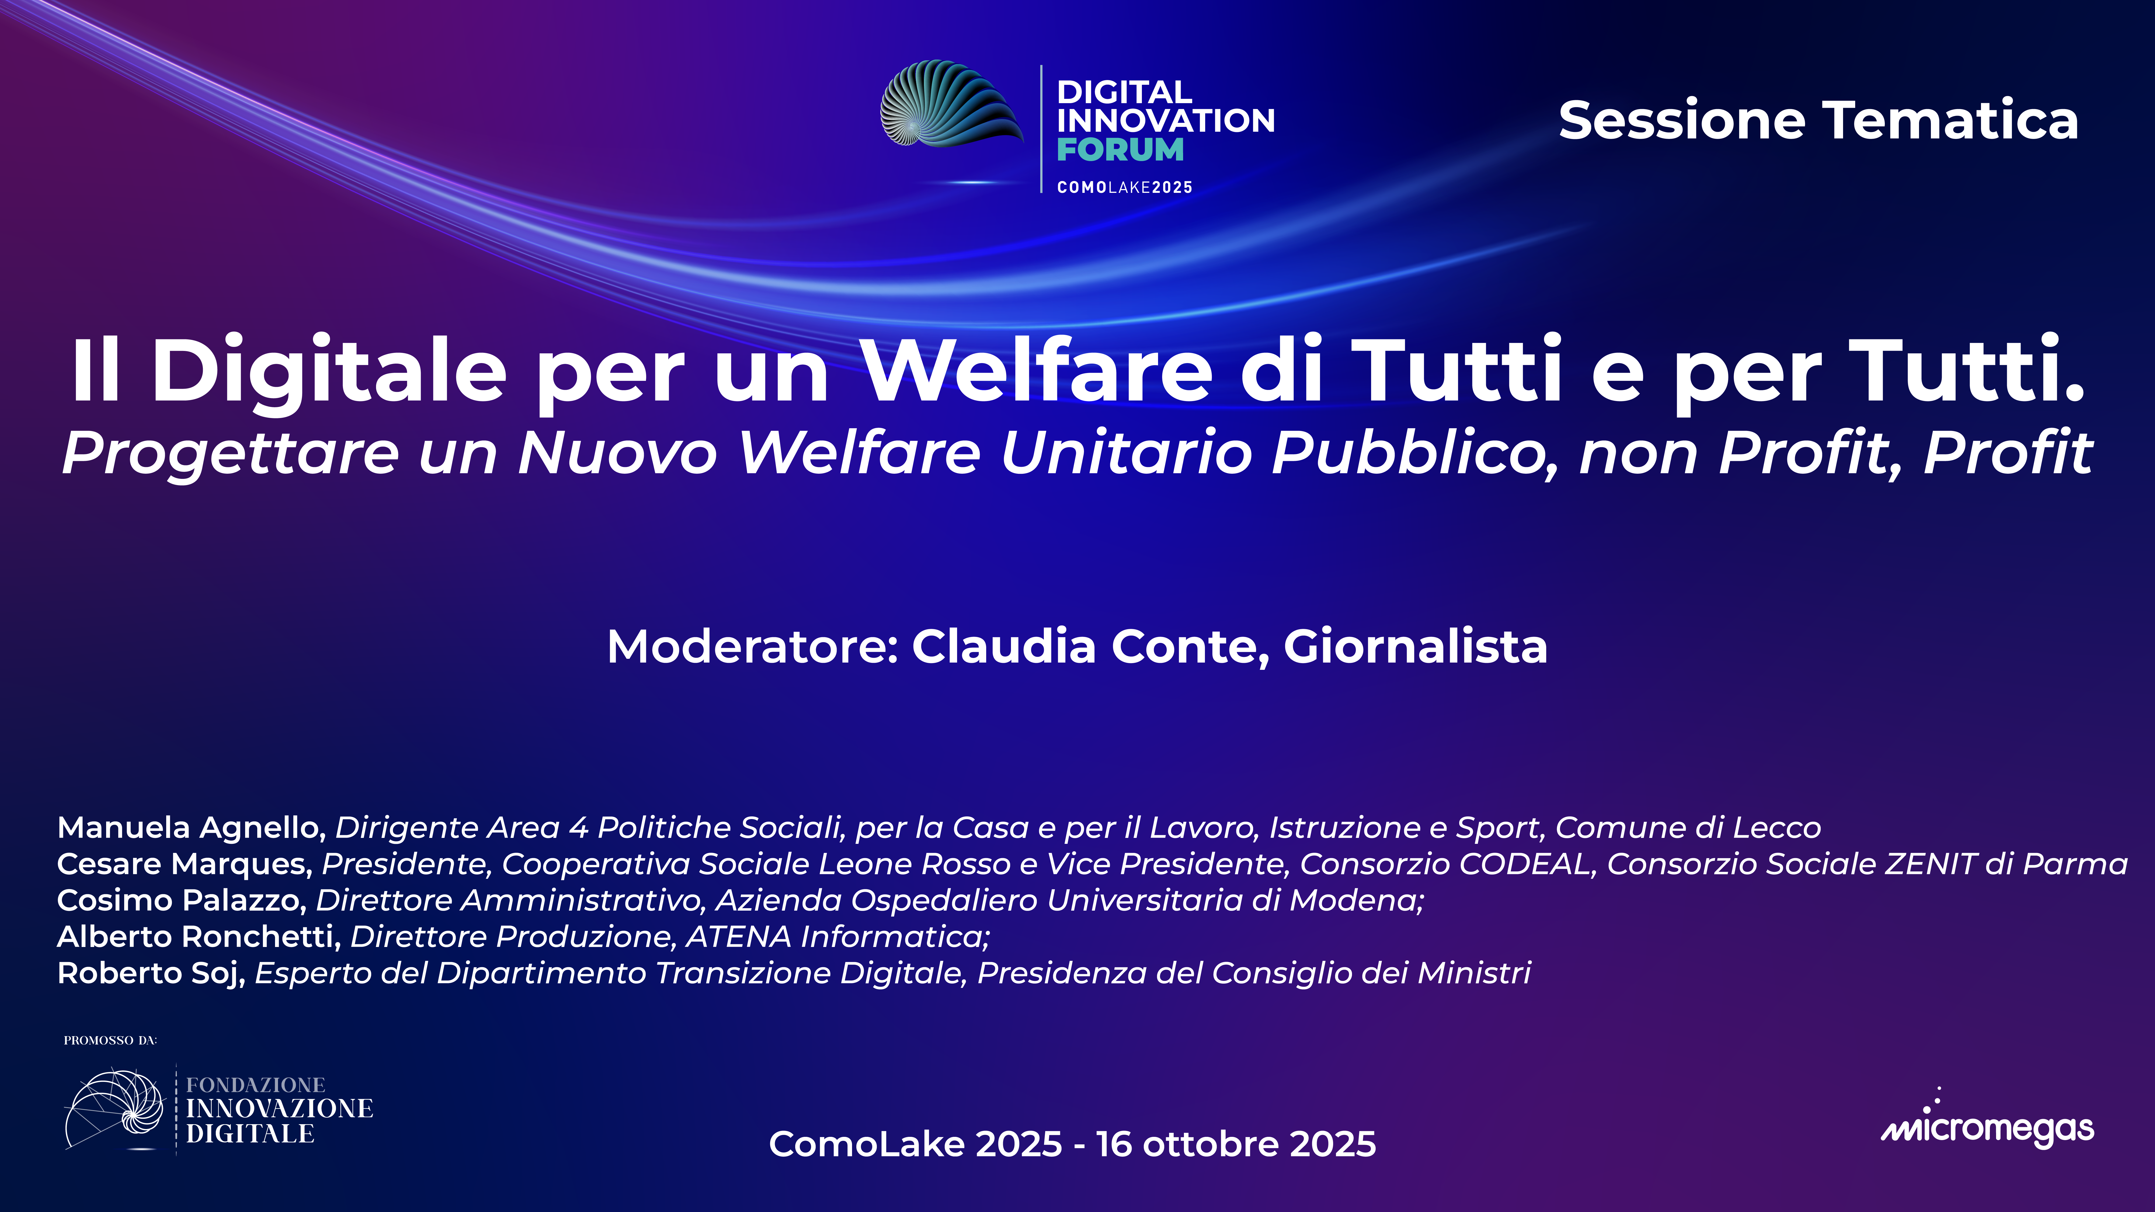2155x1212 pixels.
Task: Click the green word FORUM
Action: tap(1120, 150)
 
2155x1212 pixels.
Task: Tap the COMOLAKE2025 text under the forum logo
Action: tap(1124, 187)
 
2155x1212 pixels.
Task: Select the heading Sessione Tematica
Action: tap(1818, 120)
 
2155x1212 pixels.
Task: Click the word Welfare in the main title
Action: tap(1037, 371)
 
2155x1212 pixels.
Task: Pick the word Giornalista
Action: tap(1416, 647)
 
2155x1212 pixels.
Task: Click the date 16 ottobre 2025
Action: tap(1236, 1144)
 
